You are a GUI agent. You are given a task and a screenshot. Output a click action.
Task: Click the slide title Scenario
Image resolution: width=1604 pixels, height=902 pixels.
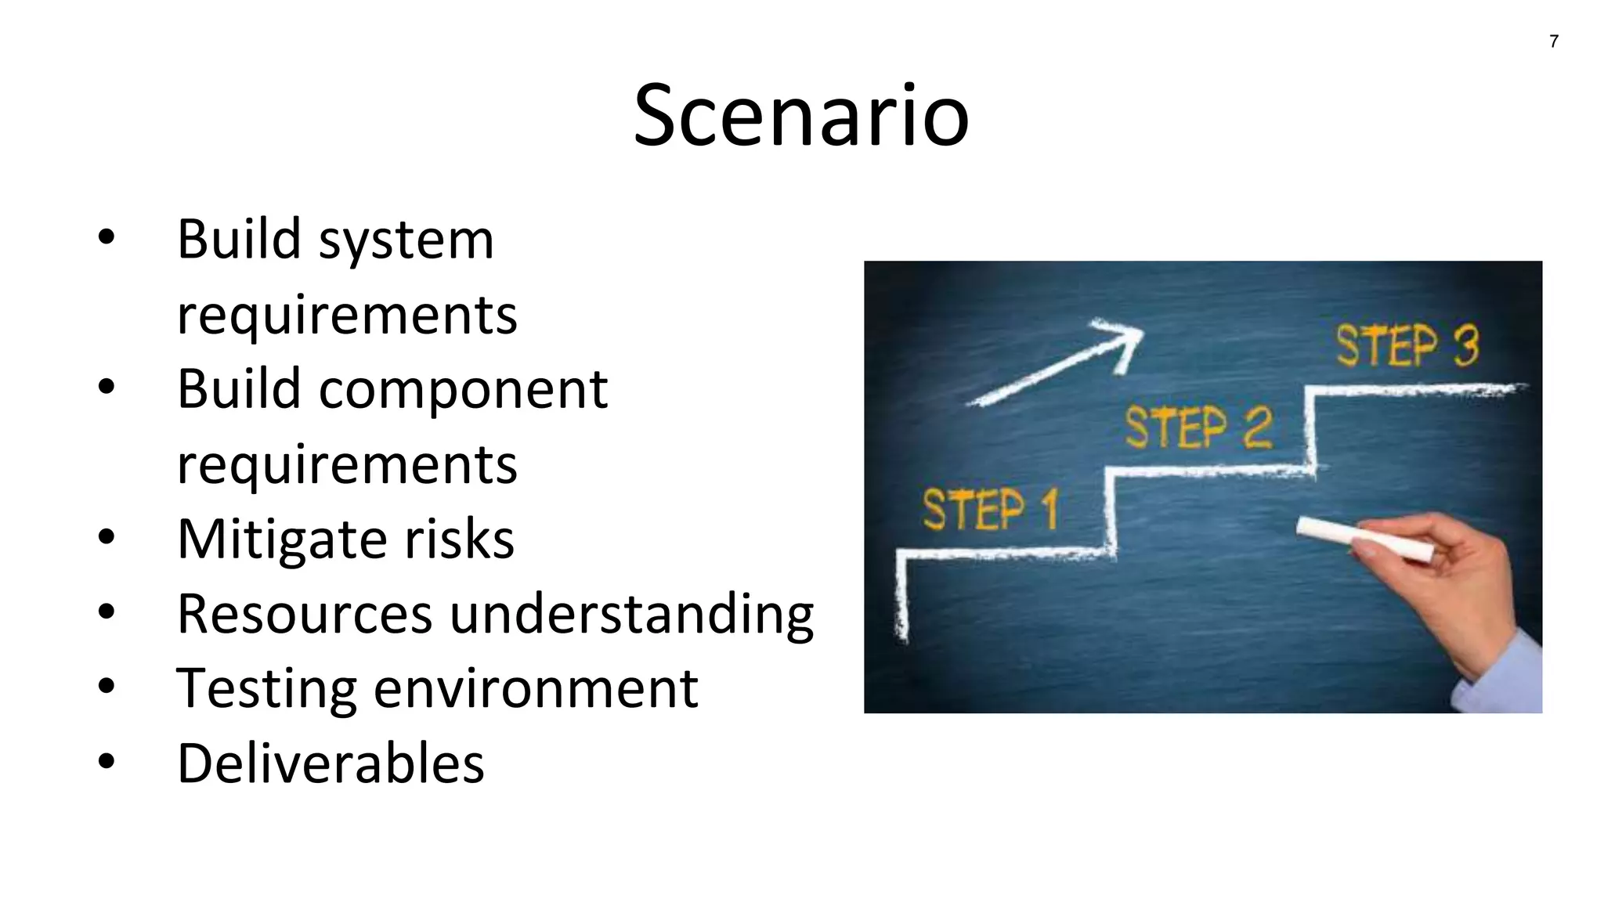tap(801, 116)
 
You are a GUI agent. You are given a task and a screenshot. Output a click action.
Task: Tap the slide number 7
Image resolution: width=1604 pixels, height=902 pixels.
tap(1554, 41)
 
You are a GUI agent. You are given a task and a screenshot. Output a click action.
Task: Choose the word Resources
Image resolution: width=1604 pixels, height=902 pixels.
tap(305, 614)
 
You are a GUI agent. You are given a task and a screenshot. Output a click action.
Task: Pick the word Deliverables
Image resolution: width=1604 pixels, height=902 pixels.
tap(331, 763)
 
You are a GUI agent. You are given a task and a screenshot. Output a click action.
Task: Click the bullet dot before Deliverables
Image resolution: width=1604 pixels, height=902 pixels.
tap(107, 761)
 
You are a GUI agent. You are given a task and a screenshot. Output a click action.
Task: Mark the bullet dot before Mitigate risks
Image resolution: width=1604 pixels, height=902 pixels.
tap(107, 537)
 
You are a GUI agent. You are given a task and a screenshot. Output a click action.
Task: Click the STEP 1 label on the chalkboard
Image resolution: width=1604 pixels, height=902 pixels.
tap(990, 509)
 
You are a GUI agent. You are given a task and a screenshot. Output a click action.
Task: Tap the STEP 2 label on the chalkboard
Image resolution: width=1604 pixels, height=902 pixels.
tap(1198, 428)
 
